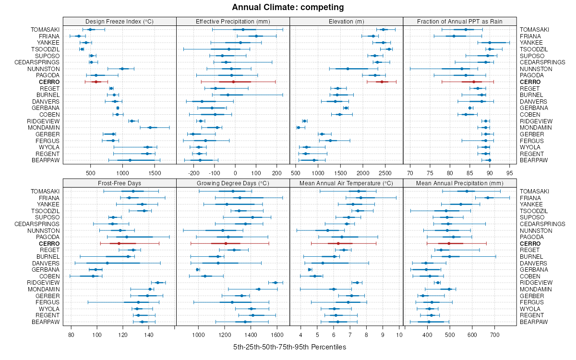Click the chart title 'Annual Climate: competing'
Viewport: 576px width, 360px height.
288,7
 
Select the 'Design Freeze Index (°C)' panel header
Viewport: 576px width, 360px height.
120,21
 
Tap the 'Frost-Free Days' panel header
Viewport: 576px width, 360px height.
120,183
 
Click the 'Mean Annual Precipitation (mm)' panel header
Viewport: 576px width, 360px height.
460,183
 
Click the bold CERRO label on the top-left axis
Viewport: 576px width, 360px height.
49,82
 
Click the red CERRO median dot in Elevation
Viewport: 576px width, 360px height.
382,82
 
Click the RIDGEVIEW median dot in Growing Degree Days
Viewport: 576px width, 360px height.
276,283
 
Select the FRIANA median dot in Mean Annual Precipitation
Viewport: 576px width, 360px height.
488,198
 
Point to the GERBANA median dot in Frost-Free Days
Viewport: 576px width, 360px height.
96,270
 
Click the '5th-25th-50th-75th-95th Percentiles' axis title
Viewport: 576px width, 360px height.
289,347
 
